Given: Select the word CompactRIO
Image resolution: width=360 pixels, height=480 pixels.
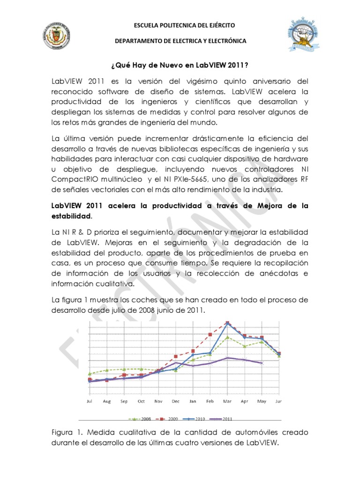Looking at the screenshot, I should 74,179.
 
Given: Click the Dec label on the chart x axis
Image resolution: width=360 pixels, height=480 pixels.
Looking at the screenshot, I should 176,402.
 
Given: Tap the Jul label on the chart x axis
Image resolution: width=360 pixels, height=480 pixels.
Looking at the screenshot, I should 89,402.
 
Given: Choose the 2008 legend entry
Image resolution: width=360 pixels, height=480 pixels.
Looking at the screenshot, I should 143,419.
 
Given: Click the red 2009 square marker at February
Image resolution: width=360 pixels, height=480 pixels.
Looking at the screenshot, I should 210,334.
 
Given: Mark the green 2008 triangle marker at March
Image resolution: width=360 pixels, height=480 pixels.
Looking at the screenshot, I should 227,337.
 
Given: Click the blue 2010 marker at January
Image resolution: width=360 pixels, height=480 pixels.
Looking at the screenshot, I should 193,355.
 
